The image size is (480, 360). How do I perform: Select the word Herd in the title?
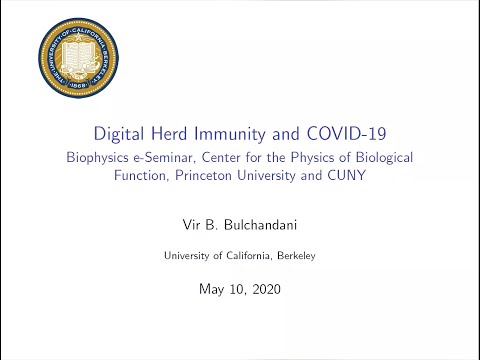point(184,133)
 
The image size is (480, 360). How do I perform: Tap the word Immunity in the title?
point(244,133)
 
